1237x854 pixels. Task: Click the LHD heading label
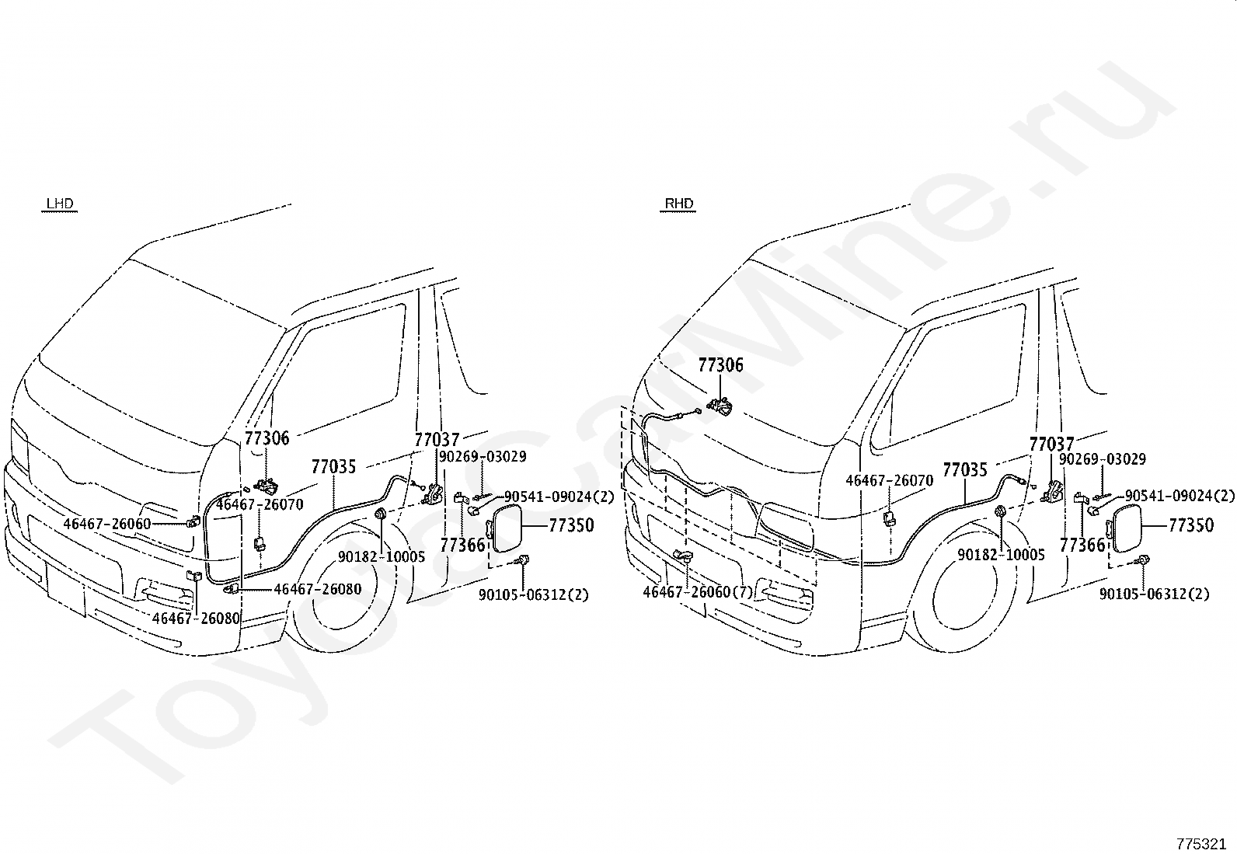coord(60,204)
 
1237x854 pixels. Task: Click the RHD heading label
coord(678,204)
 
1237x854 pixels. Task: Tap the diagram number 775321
coord(1201,844)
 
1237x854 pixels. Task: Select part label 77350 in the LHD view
coord(571,525)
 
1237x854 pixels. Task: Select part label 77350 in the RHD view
coord(1190,525)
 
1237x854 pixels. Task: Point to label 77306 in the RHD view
coord(720,365)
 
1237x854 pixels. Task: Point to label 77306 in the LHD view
coord(267,438)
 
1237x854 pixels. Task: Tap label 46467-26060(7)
coord(698,592)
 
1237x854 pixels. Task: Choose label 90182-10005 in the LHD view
coord(382,556)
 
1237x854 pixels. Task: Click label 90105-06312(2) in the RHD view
coord(1154,594)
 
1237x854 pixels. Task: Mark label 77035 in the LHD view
coord(333,467)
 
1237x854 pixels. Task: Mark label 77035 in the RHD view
coord(965,470)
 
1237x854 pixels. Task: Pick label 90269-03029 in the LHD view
coord(483,457)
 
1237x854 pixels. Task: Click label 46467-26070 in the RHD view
coord(890,480)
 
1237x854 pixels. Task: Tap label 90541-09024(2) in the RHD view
coord(1180,496)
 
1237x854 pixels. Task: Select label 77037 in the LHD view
coord(437,440)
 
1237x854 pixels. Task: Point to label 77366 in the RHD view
coord(1082,546)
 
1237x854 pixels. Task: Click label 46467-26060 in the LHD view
coord(107,524)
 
